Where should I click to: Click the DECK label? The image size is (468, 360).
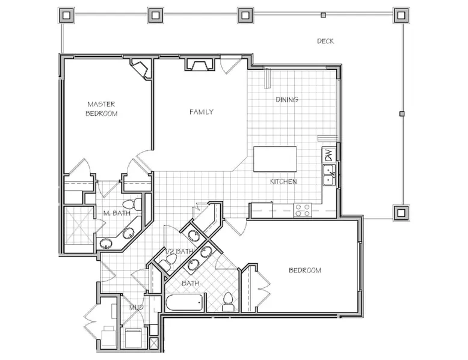[325, 41]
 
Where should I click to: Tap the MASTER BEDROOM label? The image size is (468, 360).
[102, 109]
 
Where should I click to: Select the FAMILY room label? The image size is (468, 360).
[202, 112]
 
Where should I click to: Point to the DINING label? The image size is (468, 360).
[287, 100]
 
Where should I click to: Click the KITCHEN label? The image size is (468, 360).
[283, 182]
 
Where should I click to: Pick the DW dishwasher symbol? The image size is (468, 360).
[328, 155]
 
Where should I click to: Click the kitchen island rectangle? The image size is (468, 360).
[275, 159]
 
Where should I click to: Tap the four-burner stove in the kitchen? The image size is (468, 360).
[303, 209]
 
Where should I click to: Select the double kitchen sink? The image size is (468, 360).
[329, 175]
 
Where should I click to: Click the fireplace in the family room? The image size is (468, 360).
[199, 64]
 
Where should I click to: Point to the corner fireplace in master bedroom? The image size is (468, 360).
[140, 69]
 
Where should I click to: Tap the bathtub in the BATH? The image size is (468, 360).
[185, 303]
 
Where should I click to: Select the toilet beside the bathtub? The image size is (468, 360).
[229, 302]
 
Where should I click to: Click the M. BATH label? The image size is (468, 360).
[117, 213]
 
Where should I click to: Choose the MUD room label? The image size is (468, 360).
[136, 307]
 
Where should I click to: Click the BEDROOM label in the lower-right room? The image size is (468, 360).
[305, 270]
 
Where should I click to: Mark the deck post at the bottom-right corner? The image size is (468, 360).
[401, 213]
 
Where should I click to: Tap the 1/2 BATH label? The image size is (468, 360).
[179, 251]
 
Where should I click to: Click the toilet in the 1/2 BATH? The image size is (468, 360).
[167, 261]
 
